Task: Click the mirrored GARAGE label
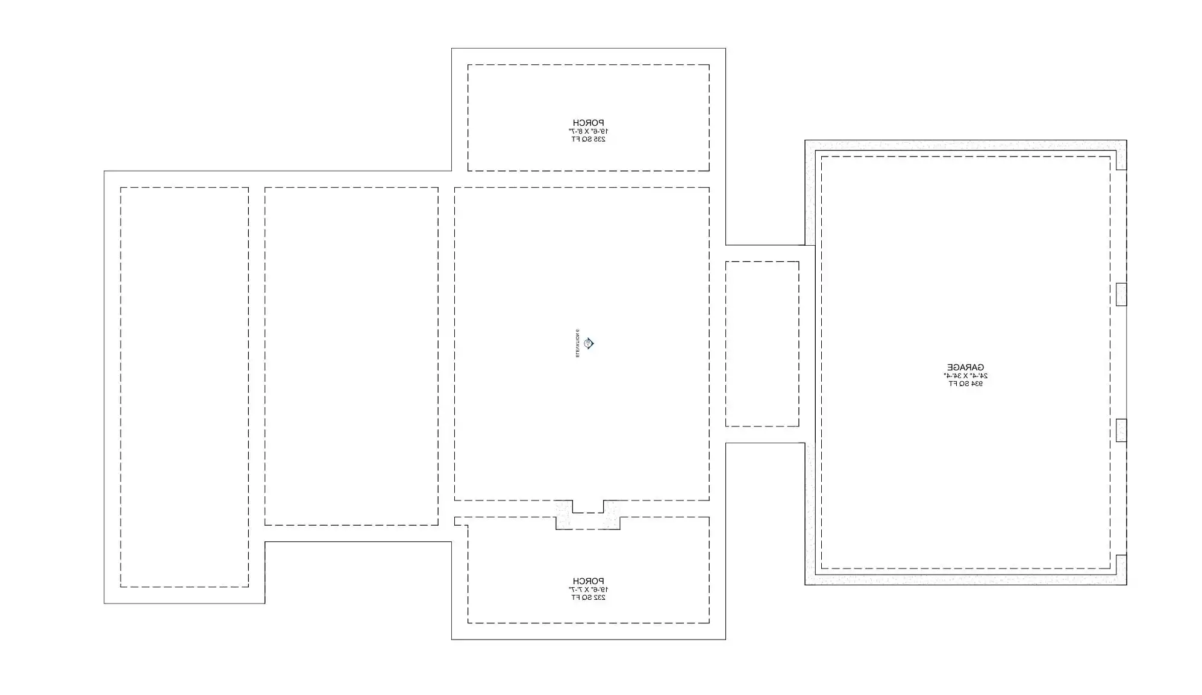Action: click(x=965, y=367)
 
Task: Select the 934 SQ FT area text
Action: click(x=965, y=384)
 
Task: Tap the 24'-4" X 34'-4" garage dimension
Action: click(x=965, y=376)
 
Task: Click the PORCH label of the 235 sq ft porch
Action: click(x=588, y=123)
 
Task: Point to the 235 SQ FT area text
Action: click(x=588, y=139)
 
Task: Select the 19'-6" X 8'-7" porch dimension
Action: click(x=588, y=131)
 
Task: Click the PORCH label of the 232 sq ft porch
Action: click(x=588, y=581)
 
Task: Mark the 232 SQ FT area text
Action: click(x=588, y=597)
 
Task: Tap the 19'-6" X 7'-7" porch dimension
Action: click(x=588, y=590)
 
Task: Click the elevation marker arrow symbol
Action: click(x=589, y=344)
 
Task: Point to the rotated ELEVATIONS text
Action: click(x=577, y=344)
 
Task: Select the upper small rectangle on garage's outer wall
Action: click(x=1121, y=295)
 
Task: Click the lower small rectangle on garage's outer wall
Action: click(x=1121, y=430)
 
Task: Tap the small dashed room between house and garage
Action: click(x=762, y=344)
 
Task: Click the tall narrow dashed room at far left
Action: click(x=184, y=387)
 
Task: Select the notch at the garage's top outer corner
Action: click(x=1121, y=160)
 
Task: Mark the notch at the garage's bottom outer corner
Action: click(x=1121, y=564)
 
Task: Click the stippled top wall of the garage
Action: click(x=964, y=146)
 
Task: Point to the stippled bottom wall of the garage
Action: click(x=964, y=579)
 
